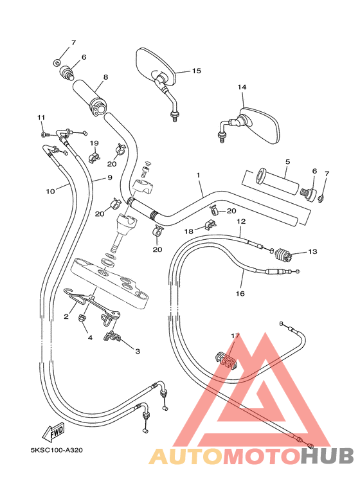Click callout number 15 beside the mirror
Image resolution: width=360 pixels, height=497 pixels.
click(196, 71)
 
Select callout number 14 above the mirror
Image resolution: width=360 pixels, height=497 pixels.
click(242, 87)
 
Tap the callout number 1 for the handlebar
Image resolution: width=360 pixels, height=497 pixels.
click(199, 175)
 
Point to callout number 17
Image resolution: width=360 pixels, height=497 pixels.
click(235, 336)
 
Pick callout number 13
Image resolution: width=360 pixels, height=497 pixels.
click(312, 252)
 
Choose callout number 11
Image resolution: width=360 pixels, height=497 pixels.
click(41, 117)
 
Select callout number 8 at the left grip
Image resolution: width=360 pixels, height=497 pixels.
click(105, 77)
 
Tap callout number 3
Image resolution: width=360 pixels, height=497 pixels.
click(137, 351)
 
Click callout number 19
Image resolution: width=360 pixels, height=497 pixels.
click(94, 143)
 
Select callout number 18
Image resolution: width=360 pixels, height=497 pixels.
click(189, 230)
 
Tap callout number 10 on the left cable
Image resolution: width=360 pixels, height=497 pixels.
click(51, 191)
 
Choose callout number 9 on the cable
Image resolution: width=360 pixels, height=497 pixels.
click(110, 177)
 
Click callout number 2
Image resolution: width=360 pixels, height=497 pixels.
click(66, 316)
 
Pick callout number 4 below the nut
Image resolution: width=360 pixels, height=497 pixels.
click(90, 337)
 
